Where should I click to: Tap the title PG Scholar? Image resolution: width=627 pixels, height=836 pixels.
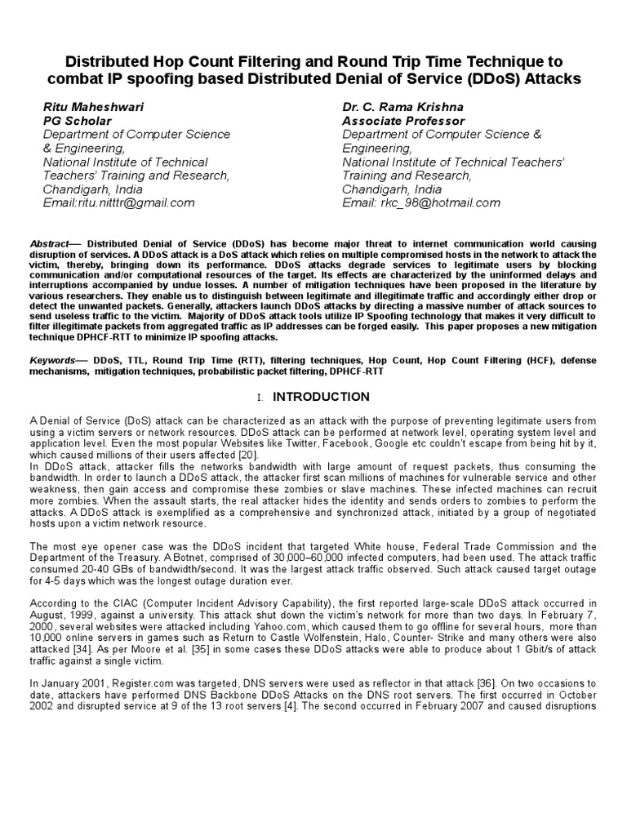pos(77,121)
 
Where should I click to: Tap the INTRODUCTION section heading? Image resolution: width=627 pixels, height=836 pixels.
pos(321,397)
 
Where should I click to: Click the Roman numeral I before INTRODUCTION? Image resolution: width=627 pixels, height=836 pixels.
pos(259,398)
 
